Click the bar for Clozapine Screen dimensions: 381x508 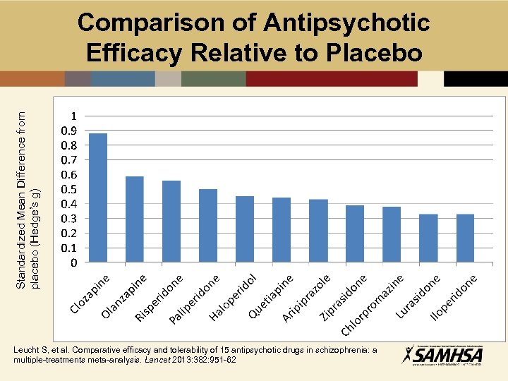(x=98, y=198)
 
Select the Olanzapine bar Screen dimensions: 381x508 (x=135, y=219)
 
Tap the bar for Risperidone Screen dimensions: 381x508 (x=171, y=222)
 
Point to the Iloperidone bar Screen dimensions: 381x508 (x=465, y=238)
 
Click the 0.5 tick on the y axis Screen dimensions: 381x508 (x=68, y=189)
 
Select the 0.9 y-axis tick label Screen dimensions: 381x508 (x=68, y=131)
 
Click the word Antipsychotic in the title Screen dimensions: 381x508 (x=346, y=23)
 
